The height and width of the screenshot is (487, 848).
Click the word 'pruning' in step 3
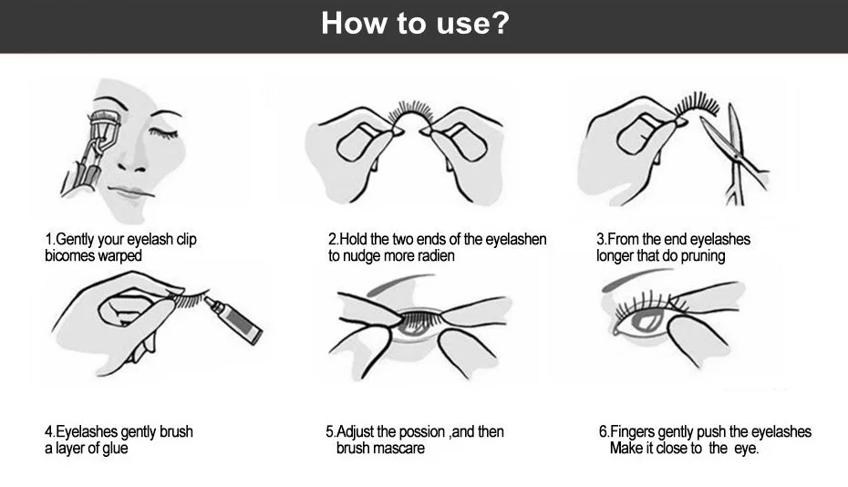[702, 256]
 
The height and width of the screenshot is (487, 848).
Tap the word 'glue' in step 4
[115, 449]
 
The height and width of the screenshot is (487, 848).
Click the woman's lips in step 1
[129, 192]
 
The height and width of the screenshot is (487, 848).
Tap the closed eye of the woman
[163, 132]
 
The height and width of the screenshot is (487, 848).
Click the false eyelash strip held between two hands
[412, 112]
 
